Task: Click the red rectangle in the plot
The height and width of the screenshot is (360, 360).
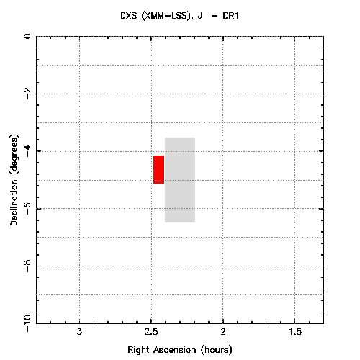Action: [158, 169]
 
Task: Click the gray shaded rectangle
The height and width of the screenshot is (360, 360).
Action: [180, 180]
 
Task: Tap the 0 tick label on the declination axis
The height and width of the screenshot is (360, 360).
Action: [27, 36]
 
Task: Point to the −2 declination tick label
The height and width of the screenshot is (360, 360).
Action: [27, 94]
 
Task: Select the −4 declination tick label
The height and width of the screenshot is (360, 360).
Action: [27, 151]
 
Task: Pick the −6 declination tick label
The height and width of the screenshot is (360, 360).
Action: [27, 208]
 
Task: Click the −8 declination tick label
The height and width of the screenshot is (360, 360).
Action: [27, 266]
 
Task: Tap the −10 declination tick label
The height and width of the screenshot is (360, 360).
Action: [27, 323]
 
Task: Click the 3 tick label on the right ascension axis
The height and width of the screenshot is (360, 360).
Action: [79, 332]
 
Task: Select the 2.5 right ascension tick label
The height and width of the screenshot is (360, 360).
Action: [151, 332]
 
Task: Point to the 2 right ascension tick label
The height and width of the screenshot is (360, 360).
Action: [223, 332]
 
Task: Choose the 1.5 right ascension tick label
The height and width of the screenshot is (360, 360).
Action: [295, 332]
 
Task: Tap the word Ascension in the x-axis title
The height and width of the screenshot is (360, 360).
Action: [175, 350]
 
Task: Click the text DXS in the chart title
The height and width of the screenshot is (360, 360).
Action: [129, 16]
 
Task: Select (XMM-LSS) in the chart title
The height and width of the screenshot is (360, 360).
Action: [167, 16]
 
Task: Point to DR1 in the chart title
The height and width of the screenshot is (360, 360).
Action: [230, 16]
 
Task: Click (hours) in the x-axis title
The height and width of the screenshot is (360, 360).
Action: [217, 350]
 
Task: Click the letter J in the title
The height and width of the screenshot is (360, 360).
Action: [199, 16]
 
